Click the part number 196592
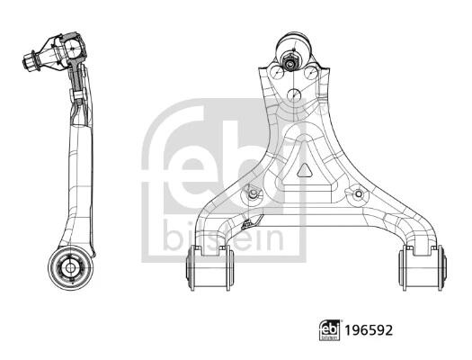click(369, 330)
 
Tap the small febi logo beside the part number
click(329, 330)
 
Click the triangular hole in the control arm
click(305, 170)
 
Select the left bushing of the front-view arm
click(209, 268)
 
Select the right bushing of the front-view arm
click(423, 268)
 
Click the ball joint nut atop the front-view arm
click(290, 62)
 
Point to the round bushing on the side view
click(70, 268)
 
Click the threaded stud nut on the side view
click(31, 61)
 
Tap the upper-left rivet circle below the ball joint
click(277, 72)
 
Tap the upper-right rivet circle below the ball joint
click(311, 72)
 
